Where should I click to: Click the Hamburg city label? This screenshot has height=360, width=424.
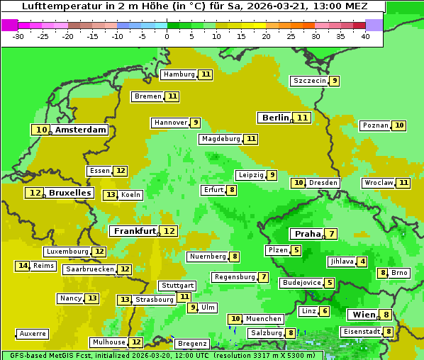[x=179, y=74]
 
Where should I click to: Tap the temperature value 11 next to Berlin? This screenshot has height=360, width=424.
[x=303, y=118]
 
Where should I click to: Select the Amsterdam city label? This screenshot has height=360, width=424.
[x=81, y=130]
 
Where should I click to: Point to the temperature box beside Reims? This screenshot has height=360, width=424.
[x=23, y=266]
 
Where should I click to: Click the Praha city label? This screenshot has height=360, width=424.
[x=308, y=234]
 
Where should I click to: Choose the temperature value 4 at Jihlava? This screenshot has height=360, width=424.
[x=362, y=261]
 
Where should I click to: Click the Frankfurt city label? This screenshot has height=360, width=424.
[x=135, y=231]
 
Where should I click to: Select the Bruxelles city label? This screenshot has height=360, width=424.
[x=69, y=193]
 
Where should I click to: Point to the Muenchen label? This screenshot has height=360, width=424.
[x=264, y=319]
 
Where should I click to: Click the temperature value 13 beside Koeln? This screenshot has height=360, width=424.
[x=110, y=195]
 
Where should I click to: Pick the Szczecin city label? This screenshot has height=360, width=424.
[x=310, y=81]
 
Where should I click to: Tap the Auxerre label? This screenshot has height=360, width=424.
[x=33, y=334]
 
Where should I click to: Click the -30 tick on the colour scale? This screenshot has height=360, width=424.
[x=18, y=36]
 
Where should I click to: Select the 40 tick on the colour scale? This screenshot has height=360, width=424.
[x=365, y=36]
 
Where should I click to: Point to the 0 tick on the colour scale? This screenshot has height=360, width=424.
[x=167, y=36]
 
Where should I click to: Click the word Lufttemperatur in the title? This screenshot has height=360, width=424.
[x=55, y=6]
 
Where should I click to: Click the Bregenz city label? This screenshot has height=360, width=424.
[x=191, y=344]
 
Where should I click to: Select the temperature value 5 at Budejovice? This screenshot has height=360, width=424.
[x=330, y=283]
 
